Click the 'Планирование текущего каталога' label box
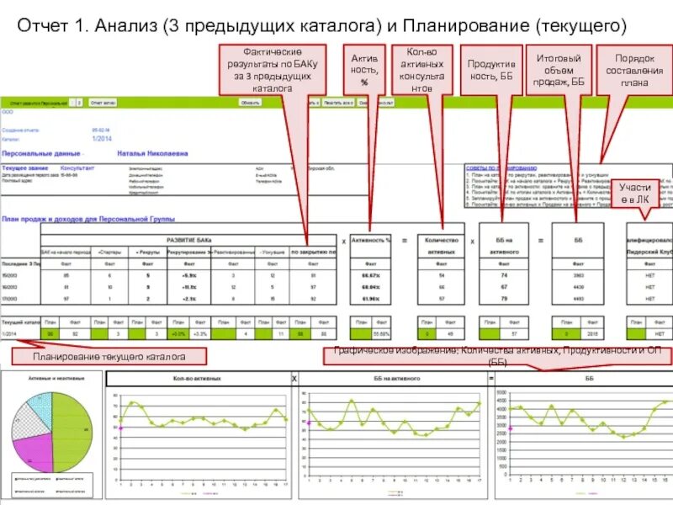pyautogui.click(x=109, y=357)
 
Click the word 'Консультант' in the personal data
pyautogui.click(x=77, y=168)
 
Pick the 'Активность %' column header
pyautogui.click(x=371, y=240)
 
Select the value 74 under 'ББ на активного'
pyautogui.click(x=503, y=275)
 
